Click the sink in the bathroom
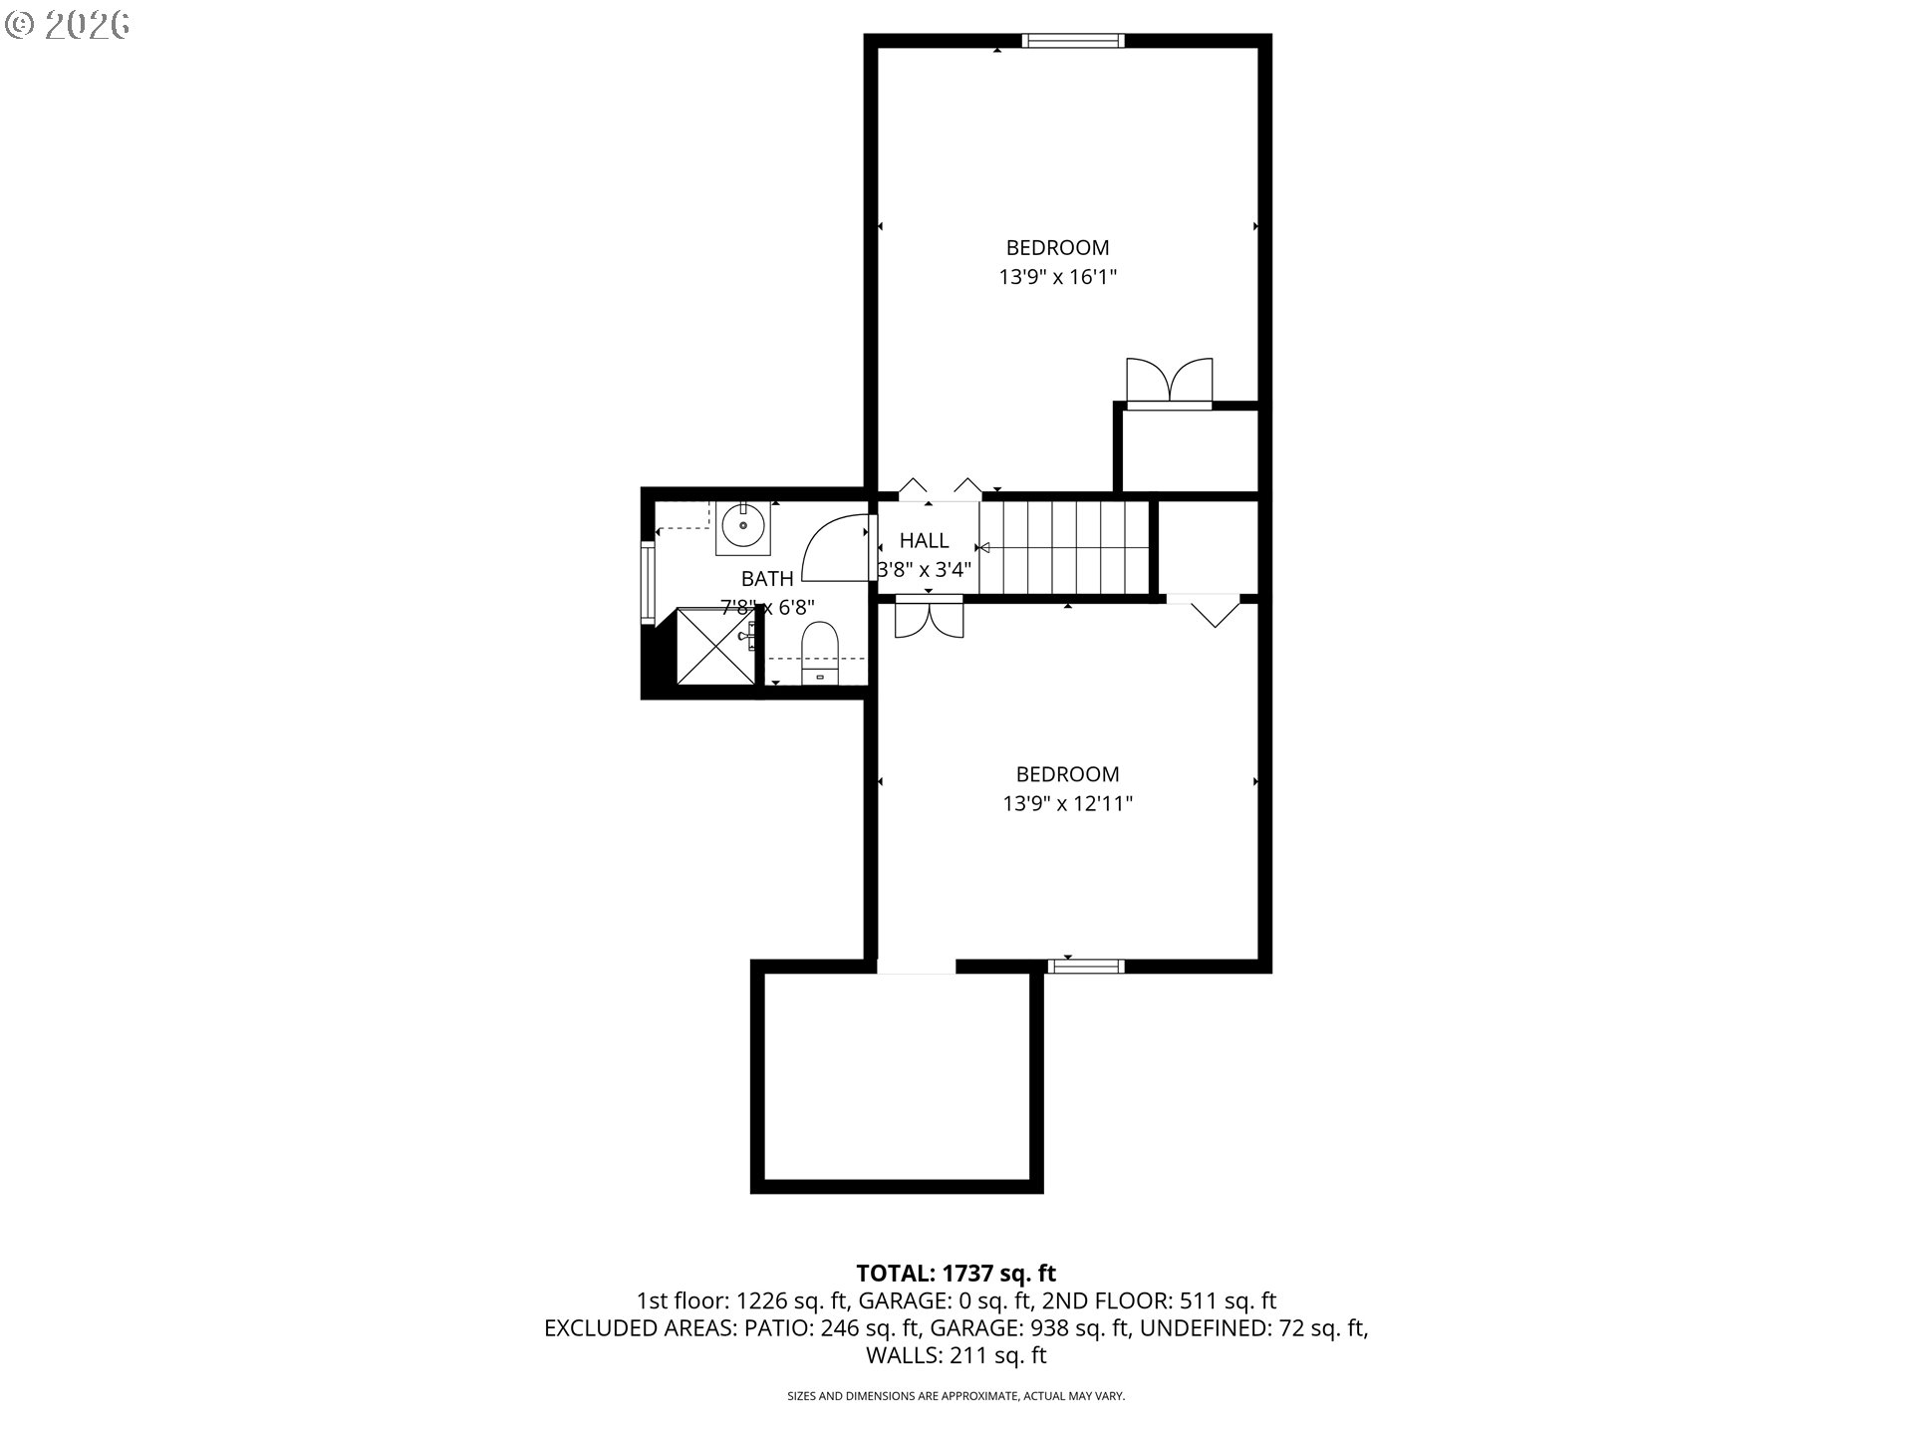[x=742, y=525]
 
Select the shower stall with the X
[x=716, y=646]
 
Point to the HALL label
[x=924, y=541]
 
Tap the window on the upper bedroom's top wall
[x=1073, y=41]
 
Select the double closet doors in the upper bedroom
[x=1170, y=383]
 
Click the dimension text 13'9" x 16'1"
[x=1057, y=277]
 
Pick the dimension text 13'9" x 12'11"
[x=1067, y=803]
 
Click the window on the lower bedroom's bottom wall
[x=1087, y=965]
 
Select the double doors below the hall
[x=930, y=617]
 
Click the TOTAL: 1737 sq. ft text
[x=956, y=1273]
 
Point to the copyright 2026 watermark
[x=68, y=25]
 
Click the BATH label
[x=767, y=579]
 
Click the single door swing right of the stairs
[x=1215, y=611]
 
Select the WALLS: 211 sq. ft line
[x=956, y=1355]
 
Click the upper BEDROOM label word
[x=1057, y=247]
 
